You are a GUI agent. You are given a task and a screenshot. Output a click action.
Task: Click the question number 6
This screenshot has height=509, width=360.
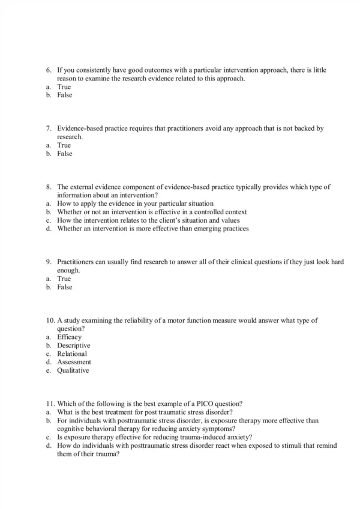pyautogui.click(x=49, y=70)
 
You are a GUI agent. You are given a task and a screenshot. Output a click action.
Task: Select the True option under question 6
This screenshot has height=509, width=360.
pyautogui.click(x=64, y=87)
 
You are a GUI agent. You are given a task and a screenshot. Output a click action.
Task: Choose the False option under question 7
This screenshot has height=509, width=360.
pyautogui.click(x=64, y=154)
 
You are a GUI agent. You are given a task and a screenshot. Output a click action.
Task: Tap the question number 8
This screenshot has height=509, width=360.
pyautogui.click(x=49, y=187)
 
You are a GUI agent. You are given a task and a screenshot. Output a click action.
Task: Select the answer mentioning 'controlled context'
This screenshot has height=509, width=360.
pyautogui.click(x=152, y=212)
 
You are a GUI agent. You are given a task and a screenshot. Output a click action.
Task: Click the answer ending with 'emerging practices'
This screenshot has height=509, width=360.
pyautogui.click(x=152, y=229)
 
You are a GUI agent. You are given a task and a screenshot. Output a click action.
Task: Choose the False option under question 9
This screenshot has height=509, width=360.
pyautogui.click(x=64, y=287)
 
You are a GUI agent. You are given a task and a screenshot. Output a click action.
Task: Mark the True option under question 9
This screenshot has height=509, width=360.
pyautogui.click(x=64, y=279)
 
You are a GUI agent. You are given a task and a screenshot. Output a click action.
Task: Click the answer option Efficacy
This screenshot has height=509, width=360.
pyautogui.click(x=69, y=337)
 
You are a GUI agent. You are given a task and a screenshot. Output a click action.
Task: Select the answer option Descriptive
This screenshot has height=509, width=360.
pyautogui.click(x=73, y=346)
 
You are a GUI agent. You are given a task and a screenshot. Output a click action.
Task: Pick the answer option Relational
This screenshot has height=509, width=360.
pyautogui.click(x=72, y=354)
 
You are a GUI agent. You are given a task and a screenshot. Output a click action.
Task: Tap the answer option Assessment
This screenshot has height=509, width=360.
pyautogui.click(x=74, y=363)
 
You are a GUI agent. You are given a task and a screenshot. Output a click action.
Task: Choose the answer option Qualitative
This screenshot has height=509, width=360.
pyautogui.click(x=73, y=371)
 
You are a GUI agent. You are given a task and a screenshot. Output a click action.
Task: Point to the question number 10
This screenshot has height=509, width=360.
pyautogui.click(x=50, y=321)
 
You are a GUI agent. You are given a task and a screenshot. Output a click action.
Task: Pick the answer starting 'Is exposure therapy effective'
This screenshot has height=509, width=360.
pyautogui.click(x=154, y=438)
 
